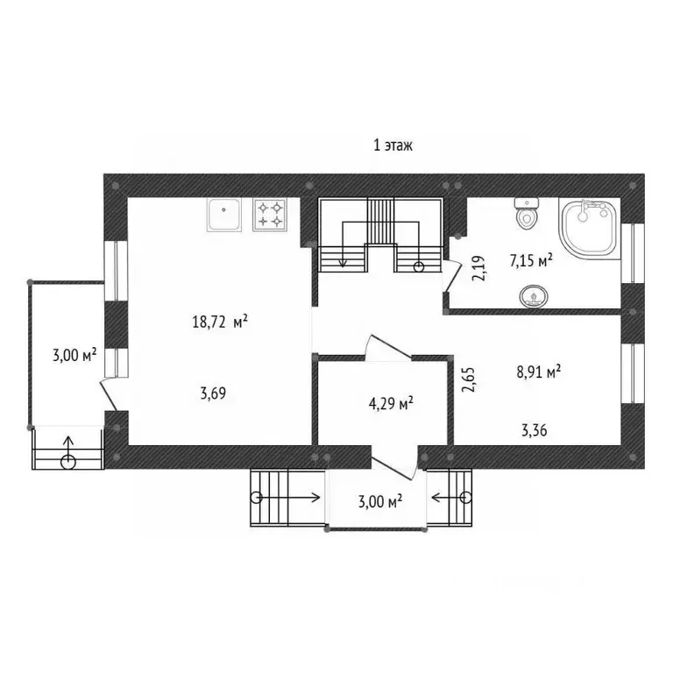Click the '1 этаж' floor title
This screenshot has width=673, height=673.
click(x=393, y=145)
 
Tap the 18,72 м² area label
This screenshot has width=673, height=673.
click(x=220, y=322)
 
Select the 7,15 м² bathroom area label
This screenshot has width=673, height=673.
click(x=531, y=260)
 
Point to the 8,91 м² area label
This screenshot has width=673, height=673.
click(x=539, y=372)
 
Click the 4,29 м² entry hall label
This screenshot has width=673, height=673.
click(x=391, y=403)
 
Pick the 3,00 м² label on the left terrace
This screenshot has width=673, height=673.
click(x=74, y=356)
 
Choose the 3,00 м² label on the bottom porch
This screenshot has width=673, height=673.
click(x=380, y=501)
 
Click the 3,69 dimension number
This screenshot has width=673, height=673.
click(x=213, y=393)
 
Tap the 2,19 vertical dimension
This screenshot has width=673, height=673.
click(x=479, y=268)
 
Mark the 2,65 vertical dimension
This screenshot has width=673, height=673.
click(x=468, y=379)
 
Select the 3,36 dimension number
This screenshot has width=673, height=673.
click(x=535, y=430)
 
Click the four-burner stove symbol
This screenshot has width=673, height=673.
click(x=270, y=215)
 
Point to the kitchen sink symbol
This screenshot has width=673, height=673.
click(x=224, y=215)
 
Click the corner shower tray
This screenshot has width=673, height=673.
click(x=590, y=229)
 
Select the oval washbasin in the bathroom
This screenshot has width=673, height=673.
click(x=534, y=296)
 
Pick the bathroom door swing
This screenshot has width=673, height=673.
click(x=451, y=275)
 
